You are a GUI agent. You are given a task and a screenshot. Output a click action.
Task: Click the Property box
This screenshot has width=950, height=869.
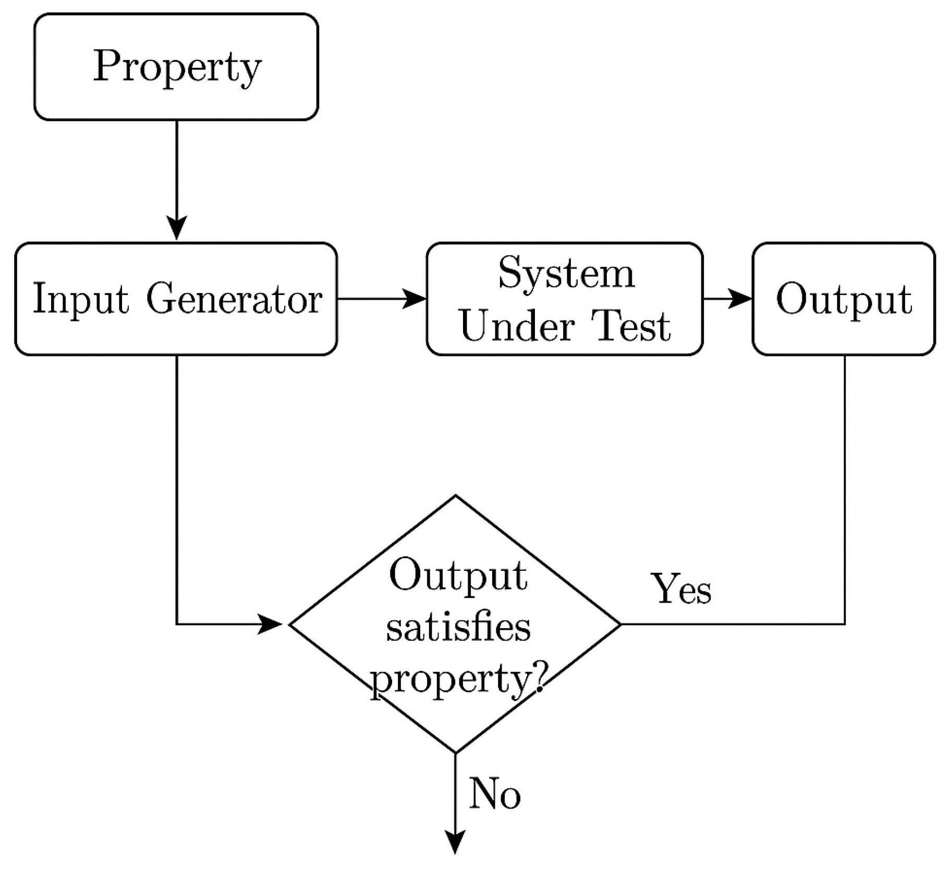176,67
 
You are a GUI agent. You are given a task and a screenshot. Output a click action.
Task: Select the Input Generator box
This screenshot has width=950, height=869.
176,299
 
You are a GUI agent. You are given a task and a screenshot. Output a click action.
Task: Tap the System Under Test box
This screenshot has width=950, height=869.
565,299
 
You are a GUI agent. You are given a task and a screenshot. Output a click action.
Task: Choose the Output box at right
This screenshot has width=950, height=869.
844,299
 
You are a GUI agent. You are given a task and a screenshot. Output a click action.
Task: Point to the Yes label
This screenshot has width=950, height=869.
682,590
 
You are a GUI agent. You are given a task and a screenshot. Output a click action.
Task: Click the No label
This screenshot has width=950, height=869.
494,794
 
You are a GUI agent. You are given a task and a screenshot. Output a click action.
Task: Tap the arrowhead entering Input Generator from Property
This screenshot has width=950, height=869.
177,228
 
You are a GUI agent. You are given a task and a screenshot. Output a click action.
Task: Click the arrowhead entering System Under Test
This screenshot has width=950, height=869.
416,299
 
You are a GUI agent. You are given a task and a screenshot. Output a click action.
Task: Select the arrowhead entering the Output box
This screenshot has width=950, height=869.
741,299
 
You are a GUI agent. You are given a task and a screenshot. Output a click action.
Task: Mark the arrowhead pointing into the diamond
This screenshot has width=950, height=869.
271,623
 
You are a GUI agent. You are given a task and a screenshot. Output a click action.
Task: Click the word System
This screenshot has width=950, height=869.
566,273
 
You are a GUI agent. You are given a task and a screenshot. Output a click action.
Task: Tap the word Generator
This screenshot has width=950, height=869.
234,299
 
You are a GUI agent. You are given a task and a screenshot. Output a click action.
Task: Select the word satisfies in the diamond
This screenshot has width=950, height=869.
458,627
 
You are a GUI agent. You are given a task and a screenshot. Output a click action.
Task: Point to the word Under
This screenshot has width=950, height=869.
517,326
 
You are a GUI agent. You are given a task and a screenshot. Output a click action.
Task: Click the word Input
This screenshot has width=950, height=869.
80,299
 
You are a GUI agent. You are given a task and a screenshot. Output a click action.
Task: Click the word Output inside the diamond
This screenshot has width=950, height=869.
458,576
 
